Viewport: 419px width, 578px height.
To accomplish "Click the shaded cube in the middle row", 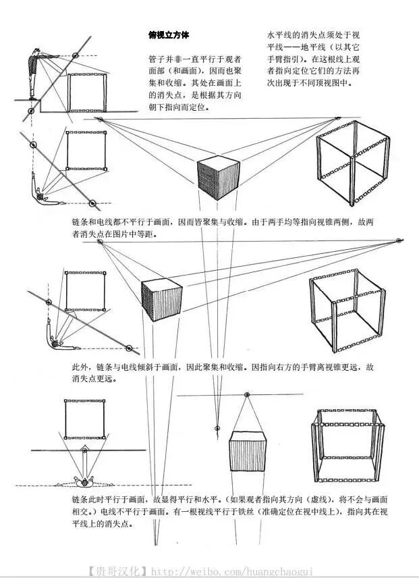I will click(x=161, y=299).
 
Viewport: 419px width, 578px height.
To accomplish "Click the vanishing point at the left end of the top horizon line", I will click(x=100, y=120).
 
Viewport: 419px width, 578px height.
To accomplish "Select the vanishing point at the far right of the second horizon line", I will click(x=399, y=240).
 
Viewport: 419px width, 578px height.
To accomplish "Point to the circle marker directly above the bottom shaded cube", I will click(x=246, y=394).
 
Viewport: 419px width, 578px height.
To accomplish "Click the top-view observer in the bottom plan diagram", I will click(x=84, y=481).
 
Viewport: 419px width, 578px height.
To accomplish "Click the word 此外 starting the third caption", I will click(x=80, y=368).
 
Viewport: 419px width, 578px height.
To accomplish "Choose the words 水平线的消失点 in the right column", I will click(x=294, y=34).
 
